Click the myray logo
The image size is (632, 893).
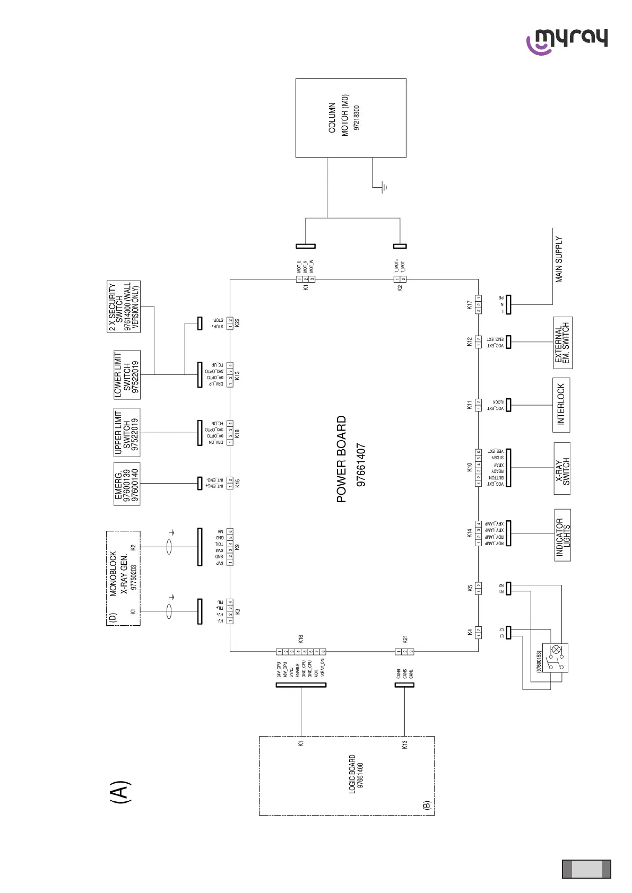[567, 40]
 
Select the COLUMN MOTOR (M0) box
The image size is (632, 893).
[350, 118]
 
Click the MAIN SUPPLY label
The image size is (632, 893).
[559, 259]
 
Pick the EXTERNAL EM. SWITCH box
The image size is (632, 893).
[562, 343]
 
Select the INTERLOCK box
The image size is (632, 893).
[561, 405]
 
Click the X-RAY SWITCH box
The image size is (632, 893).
[562, 468]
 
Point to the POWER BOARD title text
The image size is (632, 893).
[342, 459]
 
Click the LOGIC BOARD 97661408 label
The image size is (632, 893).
[356, 774]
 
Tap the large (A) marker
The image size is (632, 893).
[120, 792]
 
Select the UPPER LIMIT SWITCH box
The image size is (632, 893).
[127, 432]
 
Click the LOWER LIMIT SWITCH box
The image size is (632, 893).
[127, 374]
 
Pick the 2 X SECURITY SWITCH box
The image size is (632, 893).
[124, 307]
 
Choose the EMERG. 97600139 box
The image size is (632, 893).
[127, 484]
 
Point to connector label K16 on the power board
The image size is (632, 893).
[300, 638]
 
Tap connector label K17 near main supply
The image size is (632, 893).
[469, 304]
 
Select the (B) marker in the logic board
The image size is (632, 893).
[427, 805]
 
